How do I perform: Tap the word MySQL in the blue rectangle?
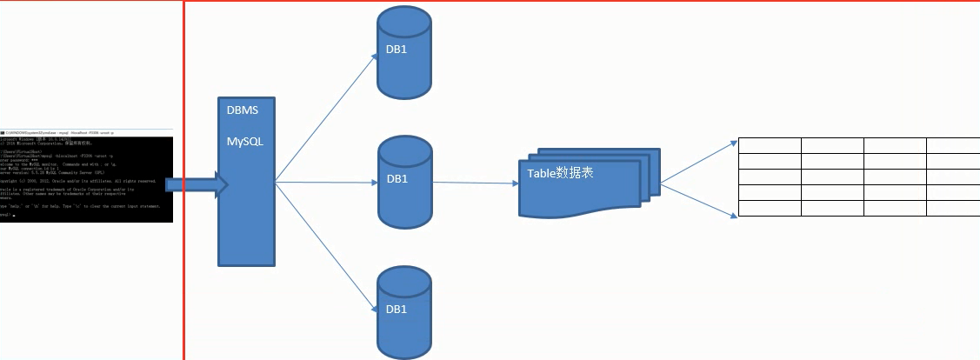[246, 141]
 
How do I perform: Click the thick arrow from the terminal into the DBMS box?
[196, 184]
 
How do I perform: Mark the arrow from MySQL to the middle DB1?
[326, 183]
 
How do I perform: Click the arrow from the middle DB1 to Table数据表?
[476, 183]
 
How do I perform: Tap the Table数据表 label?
[561, 173]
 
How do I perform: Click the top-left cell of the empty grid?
[770, 145]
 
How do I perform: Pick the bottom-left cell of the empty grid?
[770, 209]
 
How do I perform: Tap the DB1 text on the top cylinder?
[397, 50]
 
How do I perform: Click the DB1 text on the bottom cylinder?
[397, 309]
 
